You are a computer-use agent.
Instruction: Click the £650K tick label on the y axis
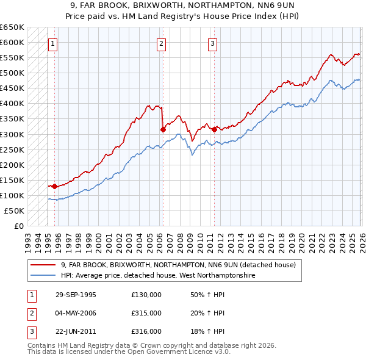tap(12, 27)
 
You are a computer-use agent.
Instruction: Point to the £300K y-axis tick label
tap(12, 134)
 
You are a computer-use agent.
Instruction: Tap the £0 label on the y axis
tap(18, 226)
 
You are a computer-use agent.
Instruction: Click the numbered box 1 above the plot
tap(54, 43)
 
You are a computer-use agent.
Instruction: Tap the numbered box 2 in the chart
tap(161, 43)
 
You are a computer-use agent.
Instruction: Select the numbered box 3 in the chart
tap(212, 43)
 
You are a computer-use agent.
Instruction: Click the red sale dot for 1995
tap(55, 186)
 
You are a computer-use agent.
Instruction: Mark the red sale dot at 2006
tap(163, 129)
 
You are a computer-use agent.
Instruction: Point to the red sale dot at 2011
tap(215, 129)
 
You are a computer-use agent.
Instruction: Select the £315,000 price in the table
tap(146, 313)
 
